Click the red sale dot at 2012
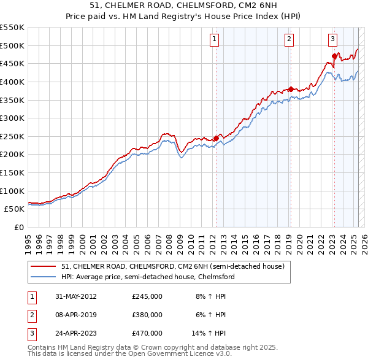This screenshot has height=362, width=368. click(x=216, y=138)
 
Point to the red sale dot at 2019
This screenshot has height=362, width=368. click(x=290, y=88)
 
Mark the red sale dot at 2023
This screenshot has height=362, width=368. click(x=334, y=56)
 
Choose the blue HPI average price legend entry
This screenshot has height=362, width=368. click(x=148, y=277)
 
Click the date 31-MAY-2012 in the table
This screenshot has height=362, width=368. click(x=76, y=296)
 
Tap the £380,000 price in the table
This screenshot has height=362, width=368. click(x=147, y=315)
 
